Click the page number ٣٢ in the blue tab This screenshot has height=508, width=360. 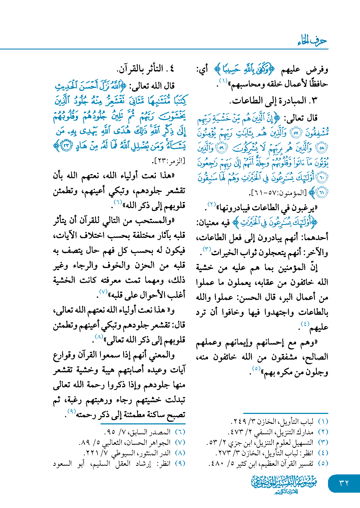point(344,483)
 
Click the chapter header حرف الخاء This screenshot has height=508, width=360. point(312,41)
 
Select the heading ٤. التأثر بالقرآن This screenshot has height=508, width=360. point(145,69)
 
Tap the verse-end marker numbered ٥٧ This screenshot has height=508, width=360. point(296,133)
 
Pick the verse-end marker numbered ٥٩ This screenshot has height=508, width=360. point(222,148)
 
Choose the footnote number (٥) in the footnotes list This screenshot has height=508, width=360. point(323,463)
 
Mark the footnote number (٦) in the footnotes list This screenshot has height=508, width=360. point(180,432)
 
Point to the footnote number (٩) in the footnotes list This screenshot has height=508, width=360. point(180,463)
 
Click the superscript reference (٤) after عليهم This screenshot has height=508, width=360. point(305,323)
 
